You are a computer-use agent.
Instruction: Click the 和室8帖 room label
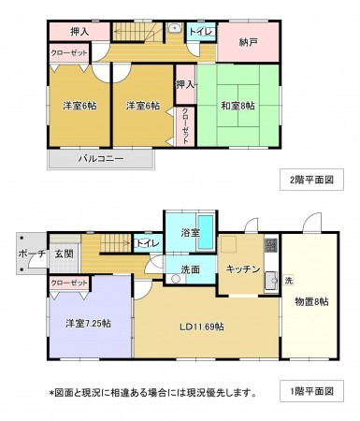coord(238,106)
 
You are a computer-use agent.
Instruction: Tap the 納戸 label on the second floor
coord(248,42)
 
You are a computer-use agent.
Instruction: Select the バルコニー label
coord(101,159)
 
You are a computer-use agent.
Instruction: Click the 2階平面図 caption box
coord(311,180)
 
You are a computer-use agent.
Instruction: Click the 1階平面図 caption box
coord(311,391)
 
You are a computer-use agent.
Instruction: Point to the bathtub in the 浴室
coord(206,232)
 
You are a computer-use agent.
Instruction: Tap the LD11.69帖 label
coord(202,327)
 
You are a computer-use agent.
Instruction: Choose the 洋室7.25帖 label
coord(88,324)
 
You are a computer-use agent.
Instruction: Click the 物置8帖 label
coord(311,301)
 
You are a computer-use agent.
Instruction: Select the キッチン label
coord(243,269)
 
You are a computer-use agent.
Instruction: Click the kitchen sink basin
coord(271,282)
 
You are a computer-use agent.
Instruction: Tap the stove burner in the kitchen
coord(270,245)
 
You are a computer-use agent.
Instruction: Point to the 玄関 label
coord(65,254)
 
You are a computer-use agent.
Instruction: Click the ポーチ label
coord(32,254)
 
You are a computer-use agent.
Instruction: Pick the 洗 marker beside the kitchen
coord(289,281)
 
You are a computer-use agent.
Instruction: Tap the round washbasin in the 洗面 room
coord(176,279)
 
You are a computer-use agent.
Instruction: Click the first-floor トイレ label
coord(148,243)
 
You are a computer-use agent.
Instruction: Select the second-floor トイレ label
coord(201,32)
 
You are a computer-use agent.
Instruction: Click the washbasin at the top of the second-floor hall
coord(175,28)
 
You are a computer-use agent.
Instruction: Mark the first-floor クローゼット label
coord(69,283)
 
